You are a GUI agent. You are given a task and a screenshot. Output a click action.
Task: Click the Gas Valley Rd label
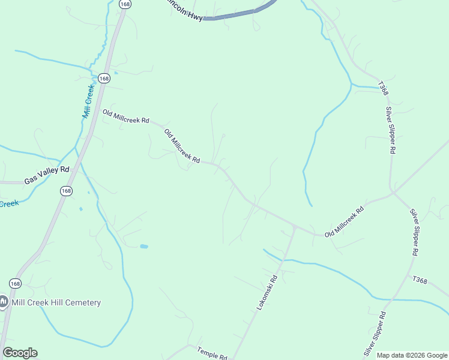pyautogui.click(x=47, y=175)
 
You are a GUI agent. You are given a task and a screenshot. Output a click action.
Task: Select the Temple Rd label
pyautogui.click(x=211, y=354)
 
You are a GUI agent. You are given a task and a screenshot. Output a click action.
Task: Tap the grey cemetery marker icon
pyautogui.click(x=4, y=302)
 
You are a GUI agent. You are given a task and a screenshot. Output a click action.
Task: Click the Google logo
pyautogui.click(x=20, y=353)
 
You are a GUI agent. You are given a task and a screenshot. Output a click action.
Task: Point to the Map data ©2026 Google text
pyautogui.click(x=411, y=355)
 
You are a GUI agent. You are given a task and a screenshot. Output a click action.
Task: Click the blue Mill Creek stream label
pyautogui.click(x=89, y=101)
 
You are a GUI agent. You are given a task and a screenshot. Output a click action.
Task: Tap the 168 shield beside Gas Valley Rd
pyautogui.click(x=66, y=190)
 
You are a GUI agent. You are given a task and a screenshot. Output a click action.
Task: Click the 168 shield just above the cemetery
pyautogui.click(x=16, y=283)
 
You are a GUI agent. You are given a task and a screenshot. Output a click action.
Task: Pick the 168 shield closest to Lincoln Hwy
pyautogui.click(x=125, y=4)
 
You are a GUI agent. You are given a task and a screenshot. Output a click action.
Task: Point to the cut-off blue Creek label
pyautogui.click(x=8, y=203)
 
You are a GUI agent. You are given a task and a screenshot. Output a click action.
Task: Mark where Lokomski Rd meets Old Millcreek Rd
pyautogui.click(x=295, y=227)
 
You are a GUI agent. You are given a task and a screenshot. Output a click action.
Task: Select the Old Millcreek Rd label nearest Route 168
pyautogui.click(x=125, y=116)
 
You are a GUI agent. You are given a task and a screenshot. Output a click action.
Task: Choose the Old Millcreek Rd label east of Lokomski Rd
pyautogui.click(x=344, y=222)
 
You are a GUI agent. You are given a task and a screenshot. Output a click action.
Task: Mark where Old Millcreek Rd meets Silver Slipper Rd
pyautogui.click(x=393, y=193)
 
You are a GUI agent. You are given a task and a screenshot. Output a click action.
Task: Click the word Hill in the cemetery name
pyautogui.click(x=50, y=302)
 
